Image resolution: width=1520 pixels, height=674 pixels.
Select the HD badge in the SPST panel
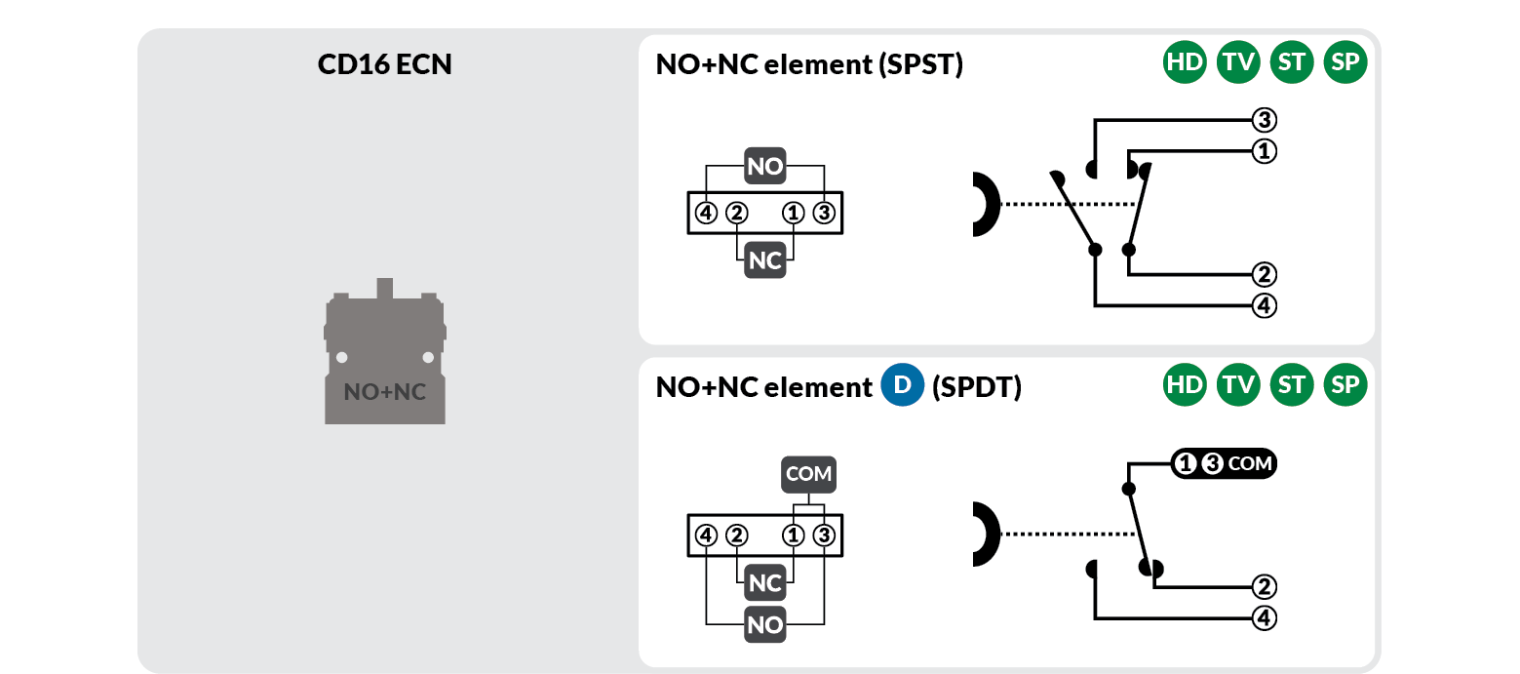point(1185,63)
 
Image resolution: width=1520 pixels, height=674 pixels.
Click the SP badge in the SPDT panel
point(1345,385)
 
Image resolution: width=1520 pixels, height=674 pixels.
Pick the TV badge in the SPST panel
point(1238,63)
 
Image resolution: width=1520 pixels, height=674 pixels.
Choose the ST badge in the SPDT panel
point(1292,385)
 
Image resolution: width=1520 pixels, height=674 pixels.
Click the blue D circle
point(902,386)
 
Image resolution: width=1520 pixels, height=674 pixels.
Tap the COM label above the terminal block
point(808,475)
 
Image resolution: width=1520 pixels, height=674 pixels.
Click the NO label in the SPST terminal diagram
point(765,167)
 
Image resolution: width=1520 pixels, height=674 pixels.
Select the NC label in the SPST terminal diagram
point(765,261)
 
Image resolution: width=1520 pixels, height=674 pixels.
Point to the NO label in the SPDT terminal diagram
point(765,625)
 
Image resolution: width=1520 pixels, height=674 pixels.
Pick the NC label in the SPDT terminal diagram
point(765,583)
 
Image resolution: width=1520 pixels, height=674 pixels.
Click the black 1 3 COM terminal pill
point(1223,464)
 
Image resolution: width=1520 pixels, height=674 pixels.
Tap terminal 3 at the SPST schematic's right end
point(1264,121)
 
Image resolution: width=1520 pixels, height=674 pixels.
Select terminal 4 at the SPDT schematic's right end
point(1264,617)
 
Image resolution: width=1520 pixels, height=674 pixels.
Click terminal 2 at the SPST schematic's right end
point(1264,274)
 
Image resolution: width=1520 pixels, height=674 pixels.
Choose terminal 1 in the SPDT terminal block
point(795,535)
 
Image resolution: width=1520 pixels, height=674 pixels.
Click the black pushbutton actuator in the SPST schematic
point(985,205)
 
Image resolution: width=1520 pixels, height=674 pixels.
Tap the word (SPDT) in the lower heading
point(977,387)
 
